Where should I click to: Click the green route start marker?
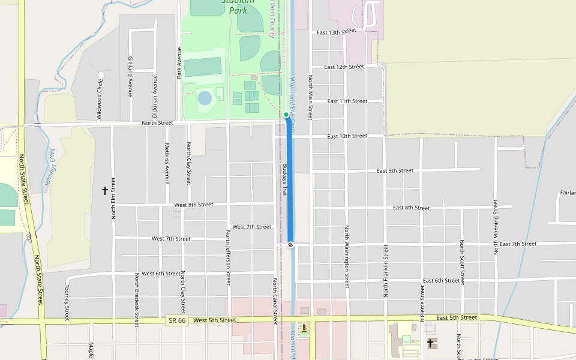[286, 115]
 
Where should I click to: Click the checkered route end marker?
[291, 245]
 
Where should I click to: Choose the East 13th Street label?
[337, 32]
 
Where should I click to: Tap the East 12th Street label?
[344, 67]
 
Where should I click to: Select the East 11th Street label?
[347, 101]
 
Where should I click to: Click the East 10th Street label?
[347, 136]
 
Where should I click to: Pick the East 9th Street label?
[395, 171]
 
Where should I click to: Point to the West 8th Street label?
[193, 205]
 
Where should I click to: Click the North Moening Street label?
[496, 227]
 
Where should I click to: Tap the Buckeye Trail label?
[285, 180]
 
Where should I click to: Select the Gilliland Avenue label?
[130, 77]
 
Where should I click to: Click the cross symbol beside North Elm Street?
[105, 191]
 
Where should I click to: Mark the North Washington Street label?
[347, 257]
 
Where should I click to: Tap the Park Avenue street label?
[179, 62]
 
